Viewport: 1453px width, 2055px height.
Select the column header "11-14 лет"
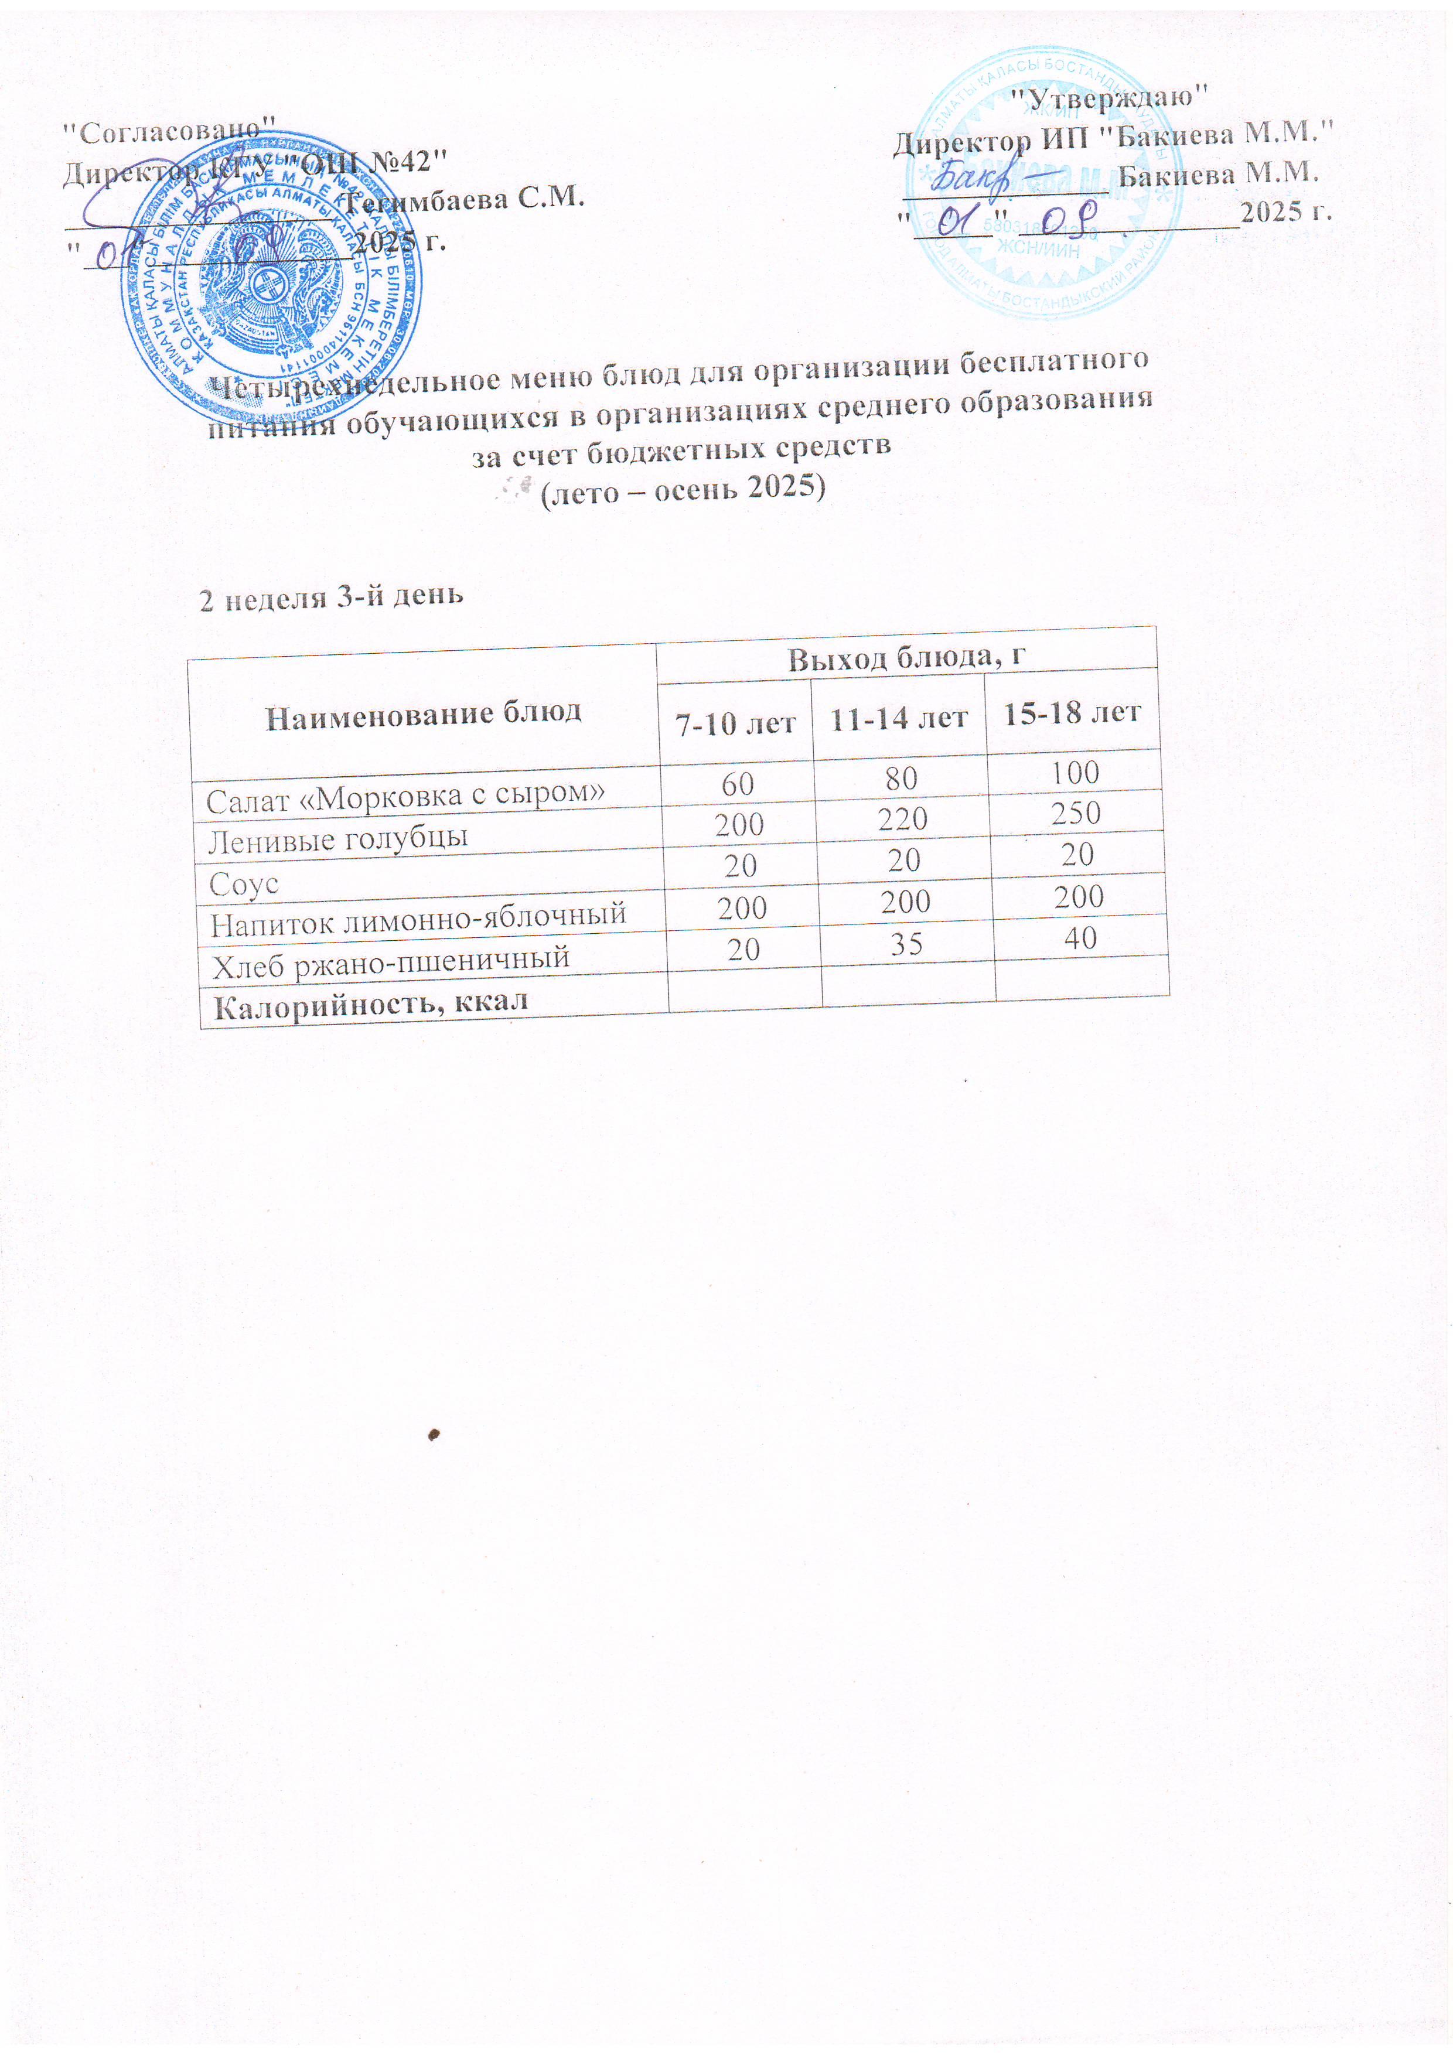(x=898, y=718)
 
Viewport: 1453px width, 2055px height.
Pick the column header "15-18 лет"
(x=1072, y=712)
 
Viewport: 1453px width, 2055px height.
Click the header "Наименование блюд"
(x=424, y=714)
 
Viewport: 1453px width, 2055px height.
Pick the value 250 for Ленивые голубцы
(x=1076, y=813)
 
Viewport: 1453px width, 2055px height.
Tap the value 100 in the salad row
(x=1075, y=772)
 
